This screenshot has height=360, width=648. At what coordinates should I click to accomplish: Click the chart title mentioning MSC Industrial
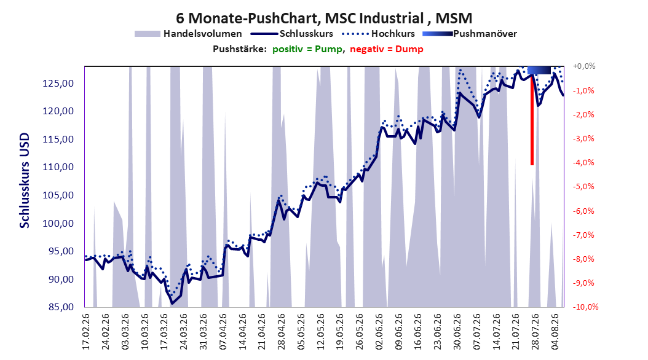click(x=324, y=18)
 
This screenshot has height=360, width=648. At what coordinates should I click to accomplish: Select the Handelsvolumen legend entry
click(x=188, y=34)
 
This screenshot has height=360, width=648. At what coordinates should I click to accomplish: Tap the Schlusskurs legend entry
click(x=292, y=34)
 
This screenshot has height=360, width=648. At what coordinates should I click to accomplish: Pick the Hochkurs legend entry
click(x=378, y=34)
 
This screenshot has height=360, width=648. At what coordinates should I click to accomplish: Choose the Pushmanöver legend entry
click(x=470, y=34)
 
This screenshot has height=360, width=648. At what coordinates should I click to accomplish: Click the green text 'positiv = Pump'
click(x=307, y=49)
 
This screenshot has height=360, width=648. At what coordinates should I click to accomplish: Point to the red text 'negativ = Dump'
click(x=387, y=49)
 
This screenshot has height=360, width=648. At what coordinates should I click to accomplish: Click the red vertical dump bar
click(x=532, y=120)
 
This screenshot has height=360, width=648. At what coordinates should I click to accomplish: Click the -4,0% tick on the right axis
click(x=583, y=163)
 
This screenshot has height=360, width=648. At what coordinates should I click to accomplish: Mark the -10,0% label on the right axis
click(x=585, y=307)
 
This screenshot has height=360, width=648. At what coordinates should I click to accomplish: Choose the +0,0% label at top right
click(x=584, y=66)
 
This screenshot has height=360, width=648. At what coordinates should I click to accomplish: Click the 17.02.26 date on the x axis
click(x=86, y=332)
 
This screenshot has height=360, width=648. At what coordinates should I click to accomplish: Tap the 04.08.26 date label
click(x=555, y=332)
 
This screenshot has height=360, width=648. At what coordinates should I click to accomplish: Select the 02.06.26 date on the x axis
click(x=379, y=332)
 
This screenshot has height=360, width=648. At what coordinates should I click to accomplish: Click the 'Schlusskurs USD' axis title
click(x=25, y=180)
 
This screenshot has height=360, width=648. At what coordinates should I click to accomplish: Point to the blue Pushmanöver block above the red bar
click(x=539, y=70)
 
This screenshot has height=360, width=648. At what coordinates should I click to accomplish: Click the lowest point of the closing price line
click(x=172, y=303)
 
